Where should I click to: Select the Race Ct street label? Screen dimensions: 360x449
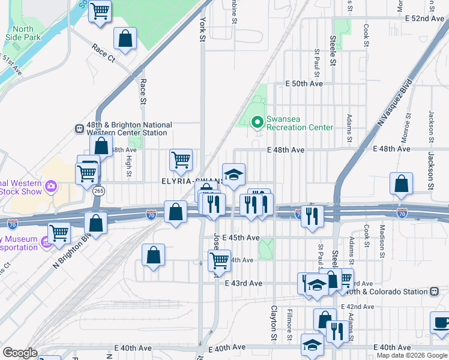tap(103, 53)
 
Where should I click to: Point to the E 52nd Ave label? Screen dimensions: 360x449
tap(424, 19)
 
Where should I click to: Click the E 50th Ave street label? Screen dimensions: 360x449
tap(304, 83)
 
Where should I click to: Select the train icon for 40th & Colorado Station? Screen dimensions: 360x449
tap(433, 292)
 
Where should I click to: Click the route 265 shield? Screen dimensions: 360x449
tap(99, 191)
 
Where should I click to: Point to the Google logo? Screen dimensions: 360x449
tap(20, 353)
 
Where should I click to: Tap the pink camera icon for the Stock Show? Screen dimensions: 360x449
tap(50, 187)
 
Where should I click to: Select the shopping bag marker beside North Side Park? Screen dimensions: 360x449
tap(125, 39)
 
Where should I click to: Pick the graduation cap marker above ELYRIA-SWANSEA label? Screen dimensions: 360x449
tap(234, 175)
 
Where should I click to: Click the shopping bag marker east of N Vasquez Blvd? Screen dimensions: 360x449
tap(401, 184)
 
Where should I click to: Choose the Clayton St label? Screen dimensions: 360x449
tap(274, 319)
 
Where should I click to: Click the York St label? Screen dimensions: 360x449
tap(202, 28)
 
